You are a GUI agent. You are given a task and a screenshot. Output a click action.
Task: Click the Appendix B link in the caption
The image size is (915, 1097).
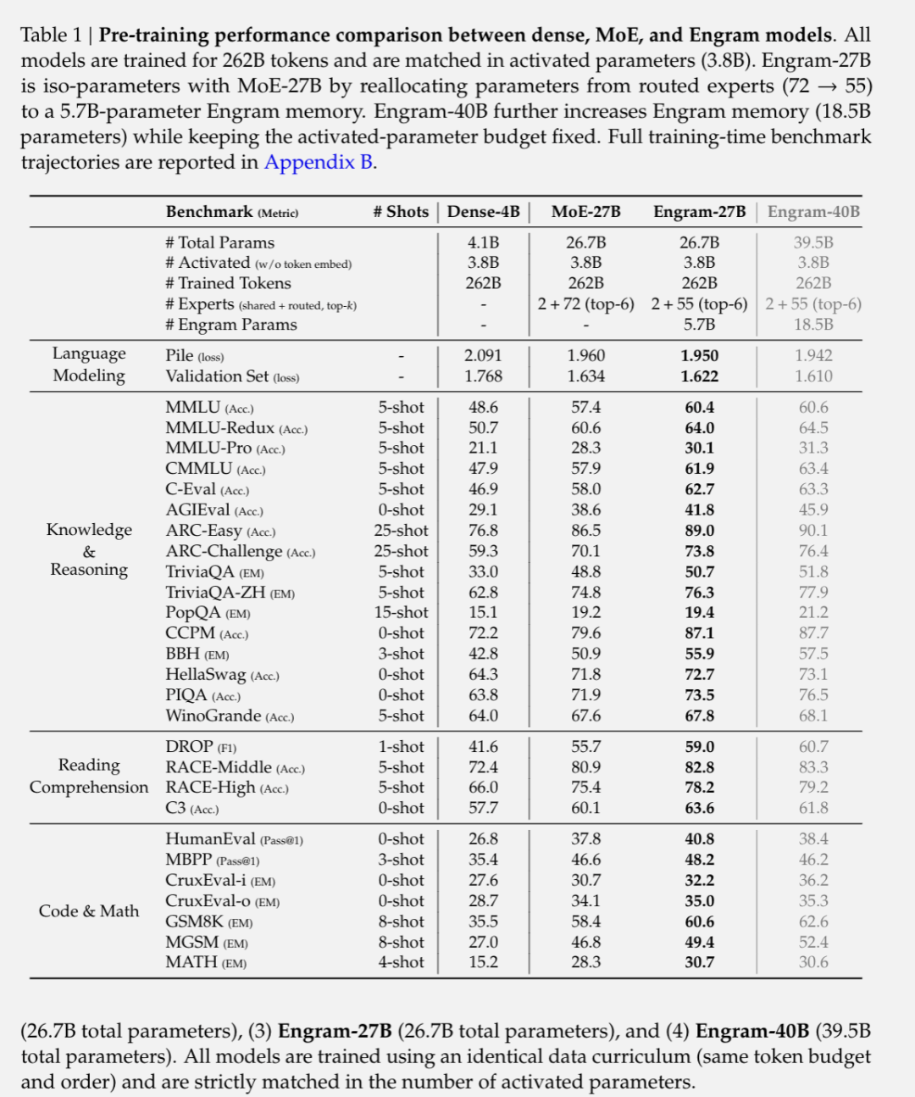coord(319,162)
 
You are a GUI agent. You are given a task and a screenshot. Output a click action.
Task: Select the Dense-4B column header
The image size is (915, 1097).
coord(483,212)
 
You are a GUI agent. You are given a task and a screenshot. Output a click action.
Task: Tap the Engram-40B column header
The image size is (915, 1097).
coord(813,212)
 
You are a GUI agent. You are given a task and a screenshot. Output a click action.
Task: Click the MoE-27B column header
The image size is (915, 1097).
coord(585,212)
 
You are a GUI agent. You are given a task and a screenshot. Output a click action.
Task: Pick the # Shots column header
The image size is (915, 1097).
coord(401,212)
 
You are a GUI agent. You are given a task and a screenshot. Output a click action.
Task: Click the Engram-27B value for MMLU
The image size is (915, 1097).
coord(699,408)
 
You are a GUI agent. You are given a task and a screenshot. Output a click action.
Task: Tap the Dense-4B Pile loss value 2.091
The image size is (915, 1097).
coord(484,356)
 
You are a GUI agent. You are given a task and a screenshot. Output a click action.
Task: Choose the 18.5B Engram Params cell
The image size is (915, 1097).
coord(813,325)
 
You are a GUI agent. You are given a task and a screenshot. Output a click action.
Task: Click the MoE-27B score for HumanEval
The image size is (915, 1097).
coord(585,839)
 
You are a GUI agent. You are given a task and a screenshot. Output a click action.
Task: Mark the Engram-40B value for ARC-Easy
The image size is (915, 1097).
coord(813,531)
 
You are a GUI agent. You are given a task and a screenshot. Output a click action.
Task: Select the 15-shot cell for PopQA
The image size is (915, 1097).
coord(401,613)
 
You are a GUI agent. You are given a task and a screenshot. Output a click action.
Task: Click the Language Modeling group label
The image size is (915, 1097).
coord(89,365)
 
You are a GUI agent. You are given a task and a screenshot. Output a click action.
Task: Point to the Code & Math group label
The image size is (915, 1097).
coord(89,911)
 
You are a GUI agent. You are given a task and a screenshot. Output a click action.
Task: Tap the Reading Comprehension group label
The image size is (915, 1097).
coord(89,777)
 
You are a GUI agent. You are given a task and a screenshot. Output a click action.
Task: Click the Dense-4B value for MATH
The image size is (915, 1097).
coord(484,962)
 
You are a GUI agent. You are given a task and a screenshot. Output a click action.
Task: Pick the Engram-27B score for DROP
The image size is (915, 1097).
coord(699,747)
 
